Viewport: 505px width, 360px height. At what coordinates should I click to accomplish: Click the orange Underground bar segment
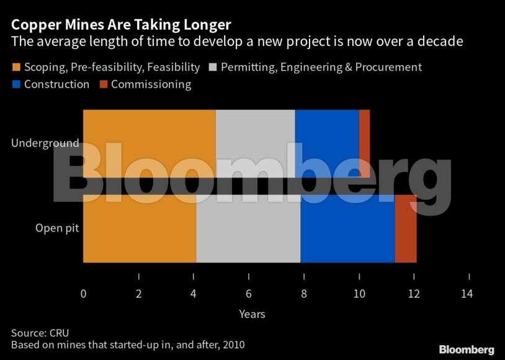click(x=149, y=143)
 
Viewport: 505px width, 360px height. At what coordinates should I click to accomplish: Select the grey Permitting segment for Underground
click(x=255, y=143)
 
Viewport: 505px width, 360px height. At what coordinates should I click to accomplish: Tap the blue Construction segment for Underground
click(x=327, y=143)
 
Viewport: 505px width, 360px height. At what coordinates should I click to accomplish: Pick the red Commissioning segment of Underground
click(x=364, y=143)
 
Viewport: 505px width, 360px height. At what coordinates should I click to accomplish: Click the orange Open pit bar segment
click(x=140, y=228)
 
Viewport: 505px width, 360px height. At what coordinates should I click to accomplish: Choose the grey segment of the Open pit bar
click(x=248, y=228)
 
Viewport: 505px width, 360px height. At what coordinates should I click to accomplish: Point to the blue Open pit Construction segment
click(x=347, y=228)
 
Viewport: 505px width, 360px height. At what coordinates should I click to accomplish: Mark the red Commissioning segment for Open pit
click(x=406, y=228)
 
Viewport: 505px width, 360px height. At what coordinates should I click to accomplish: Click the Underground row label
click(x=45, y=143)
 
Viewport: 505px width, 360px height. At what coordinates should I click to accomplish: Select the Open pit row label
click(x=56, y=228)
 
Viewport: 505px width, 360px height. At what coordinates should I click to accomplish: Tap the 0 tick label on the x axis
click(x=84, y=294)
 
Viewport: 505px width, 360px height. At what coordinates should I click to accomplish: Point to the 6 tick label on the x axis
click(x=249, y=294)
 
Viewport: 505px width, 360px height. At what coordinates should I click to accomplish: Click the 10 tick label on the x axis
click(x=359, y=294)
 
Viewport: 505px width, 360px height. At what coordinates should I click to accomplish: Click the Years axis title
click(x=252, y=314)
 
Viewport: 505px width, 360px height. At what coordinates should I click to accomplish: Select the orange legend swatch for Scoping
click(x=16, y=67)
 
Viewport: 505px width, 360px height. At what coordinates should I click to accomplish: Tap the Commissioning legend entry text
click(x=151, y=84)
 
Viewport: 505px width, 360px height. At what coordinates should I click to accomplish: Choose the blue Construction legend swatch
click(x=16, y=84)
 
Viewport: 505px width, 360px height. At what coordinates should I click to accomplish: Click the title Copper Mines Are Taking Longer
click(x=121, y=25)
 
